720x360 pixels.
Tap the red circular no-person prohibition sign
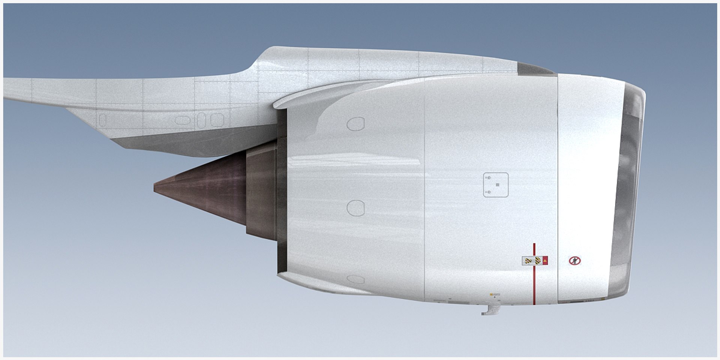(574, 261)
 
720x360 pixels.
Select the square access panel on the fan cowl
(495, 185)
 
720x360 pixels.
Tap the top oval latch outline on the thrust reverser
(355, 124)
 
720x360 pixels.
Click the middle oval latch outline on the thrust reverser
(355, 208)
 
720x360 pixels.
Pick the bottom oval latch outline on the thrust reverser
(355, 280)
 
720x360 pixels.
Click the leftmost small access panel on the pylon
(102, 120)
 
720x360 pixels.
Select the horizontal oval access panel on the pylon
(182, 120)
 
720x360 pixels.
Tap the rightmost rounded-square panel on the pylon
(217, 120)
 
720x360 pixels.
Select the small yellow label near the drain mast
(491, 295)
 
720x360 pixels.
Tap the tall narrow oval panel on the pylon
(201, 120)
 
